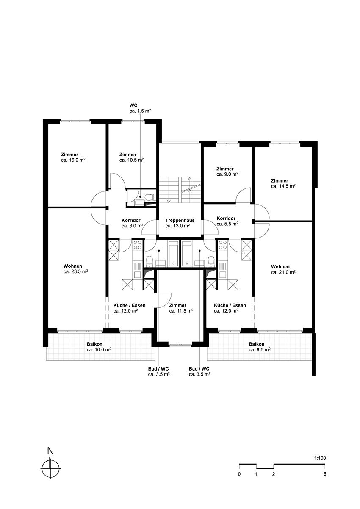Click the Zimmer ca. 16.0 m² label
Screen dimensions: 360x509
click(73, 157)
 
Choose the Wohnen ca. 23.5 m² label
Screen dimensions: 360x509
click(76, 268)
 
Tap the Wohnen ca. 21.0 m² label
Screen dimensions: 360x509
click(283, 269)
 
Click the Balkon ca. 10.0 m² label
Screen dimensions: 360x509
click(99, 347)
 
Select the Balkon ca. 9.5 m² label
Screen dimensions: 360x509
click(260, 347)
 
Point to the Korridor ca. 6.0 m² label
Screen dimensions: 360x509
click(132, 223)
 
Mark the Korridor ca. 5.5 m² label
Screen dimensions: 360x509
click(227, 221)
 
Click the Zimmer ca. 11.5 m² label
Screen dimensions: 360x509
click(181, 308)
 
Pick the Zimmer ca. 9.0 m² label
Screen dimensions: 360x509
click(227, 172)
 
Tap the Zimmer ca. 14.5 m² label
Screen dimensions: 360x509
click(283, 183)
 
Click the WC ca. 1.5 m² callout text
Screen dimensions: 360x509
click(140, 108)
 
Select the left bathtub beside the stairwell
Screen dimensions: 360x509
click(174, 254)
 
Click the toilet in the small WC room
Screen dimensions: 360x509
click(150, 197)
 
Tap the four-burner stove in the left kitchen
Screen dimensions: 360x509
click(137, 244)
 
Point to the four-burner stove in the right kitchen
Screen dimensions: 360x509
click(222, 244)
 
